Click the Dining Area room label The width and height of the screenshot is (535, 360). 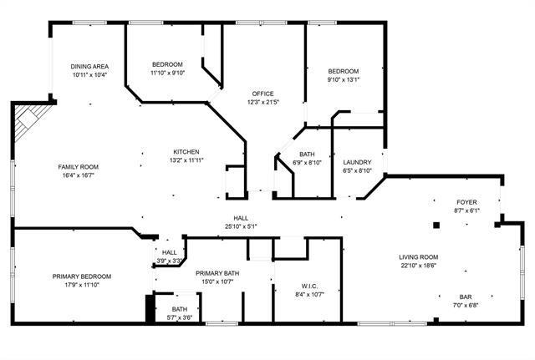tap(89, 66)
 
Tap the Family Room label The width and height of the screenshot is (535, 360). tap(78, 166)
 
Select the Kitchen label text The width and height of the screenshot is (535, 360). tap(186, 151)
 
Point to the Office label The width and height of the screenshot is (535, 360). tap(262, 94)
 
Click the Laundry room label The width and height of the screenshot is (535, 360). tap(357, 162)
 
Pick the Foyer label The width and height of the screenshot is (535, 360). tap(466, 203)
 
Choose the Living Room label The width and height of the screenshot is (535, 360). tap(418, 256)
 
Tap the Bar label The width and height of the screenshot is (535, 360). tap(466, 297)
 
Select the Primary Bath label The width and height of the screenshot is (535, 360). tap(218, 273)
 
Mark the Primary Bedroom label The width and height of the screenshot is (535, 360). tap(82, 276)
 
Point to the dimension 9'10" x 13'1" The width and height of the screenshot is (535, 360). tap(343, 80)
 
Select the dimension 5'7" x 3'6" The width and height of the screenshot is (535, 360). tap(179, 317)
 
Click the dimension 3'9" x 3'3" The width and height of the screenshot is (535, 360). tap(170, 261)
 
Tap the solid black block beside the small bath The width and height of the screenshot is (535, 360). tap(150, 309)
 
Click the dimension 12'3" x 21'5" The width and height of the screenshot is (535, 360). tap(262, 102)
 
